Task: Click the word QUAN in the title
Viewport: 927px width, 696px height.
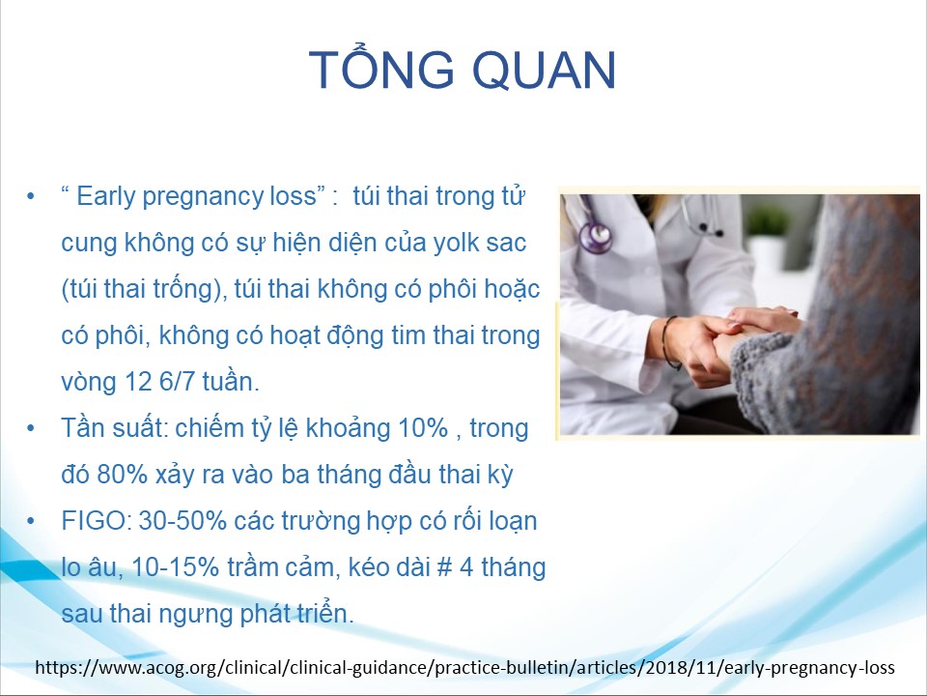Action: (x=544, y=70)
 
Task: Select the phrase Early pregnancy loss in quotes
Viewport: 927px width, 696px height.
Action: (x=196, y=197)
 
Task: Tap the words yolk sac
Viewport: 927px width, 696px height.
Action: (x=480, y=243)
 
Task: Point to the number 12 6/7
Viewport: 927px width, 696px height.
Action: (x=159, y=382)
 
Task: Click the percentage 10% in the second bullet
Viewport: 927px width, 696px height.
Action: (x=423, y=428)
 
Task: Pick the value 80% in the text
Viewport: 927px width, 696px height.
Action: (x=122, y=474)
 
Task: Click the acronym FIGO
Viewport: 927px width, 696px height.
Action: (x=97, y=521)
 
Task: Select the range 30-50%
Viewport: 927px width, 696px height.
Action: (x=183, y=521)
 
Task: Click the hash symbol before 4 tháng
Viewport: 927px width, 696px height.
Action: (x=444, y=567)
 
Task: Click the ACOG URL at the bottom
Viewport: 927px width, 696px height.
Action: (x=464, y=668)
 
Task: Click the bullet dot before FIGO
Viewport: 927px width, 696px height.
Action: (x=31, y=521)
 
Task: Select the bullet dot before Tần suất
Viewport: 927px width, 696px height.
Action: (x=31, y=428)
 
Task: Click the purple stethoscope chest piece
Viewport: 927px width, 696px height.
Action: (x=596, y=237)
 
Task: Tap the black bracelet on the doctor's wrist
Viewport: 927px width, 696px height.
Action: (x=667, y=343)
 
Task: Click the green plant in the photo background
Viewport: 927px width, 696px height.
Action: (x=767, y=220)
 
